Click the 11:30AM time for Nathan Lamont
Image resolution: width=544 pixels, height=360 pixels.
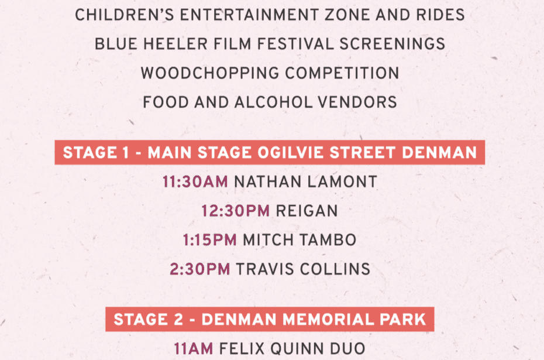(x=195, y=182)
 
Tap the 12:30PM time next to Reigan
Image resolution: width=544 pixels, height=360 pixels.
(x=236, y=211)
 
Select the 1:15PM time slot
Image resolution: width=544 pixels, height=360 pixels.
(x=210, y=240)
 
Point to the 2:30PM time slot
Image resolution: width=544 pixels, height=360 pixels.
(x=200, y=269)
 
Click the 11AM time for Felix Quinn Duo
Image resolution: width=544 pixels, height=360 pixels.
(x=194, y=349)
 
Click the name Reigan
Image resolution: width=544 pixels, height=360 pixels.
(x=307, y=211)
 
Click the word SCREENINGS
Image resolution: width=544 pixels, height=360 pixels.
(x=392, y=44)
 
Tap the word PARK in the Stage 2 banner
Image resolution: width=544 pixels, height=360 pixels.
(x=403, y=320)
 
